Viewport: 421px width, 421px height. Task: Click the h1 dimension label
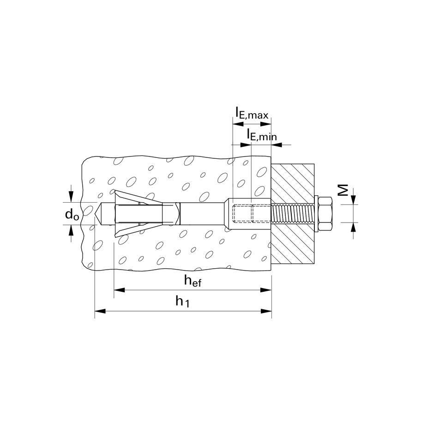183,301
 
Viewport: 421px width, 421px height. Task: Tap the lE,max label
252,113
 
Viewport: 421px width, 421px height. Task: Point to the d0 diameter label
72,215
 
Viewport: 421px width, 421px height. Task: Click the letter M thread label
343,190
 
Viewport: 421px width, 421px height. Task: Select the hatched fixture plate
293,214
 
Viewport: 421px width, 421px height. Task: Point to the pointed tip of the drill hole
95,214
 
